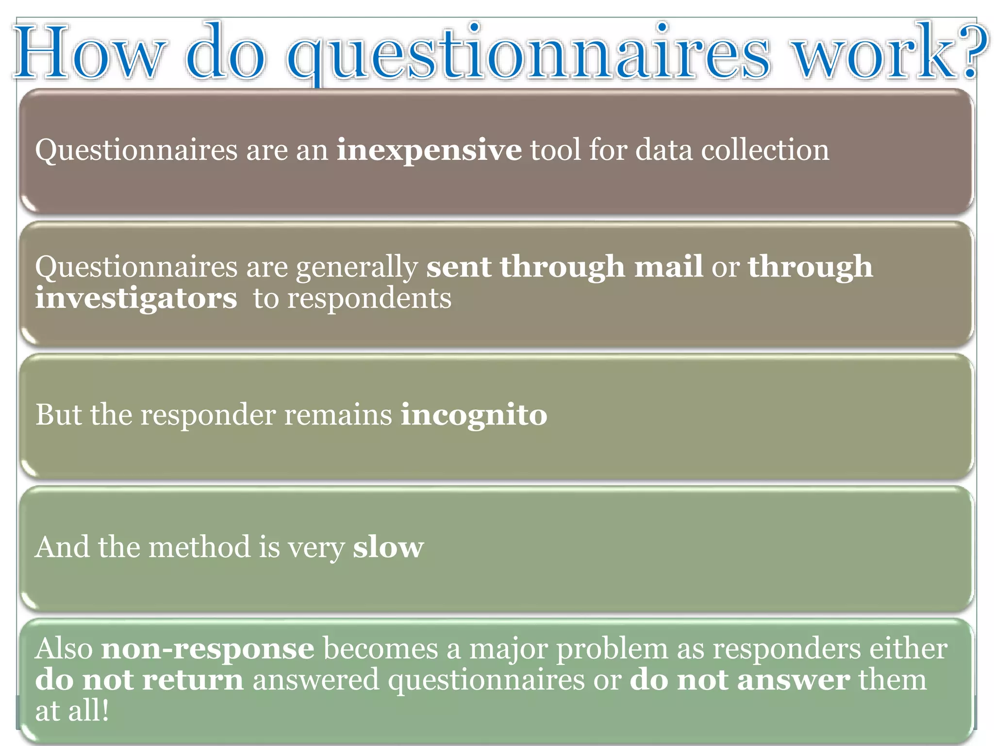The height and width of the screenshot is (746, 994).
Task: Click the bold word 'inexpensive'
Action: [x=429, y=150]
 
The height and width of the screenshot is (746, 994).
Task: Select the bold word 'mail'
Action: [x=668, y=267]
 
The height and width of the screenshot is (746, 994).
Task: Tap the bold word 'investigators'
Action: [x=136, y=298]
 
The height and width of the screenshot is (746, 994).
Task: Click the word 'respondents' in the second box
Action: [x=369, y=298]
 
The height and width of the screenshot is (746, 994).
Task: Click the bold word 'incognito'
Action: [x=474, y=415]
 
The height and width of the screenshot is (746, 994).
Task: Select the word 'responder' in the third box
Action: [x=208, y=416]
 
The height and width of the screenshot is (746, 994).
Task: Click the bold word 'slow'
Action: [x=388, y=547]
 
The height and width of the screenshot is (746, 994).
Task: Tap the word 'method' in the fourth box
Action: [x=199, y=547]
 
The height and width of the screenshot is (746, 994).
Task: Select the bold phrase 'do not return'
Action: [x=139, y=680]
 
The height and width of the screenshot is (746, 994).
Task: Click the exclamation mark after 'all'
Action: [x=105, y=711]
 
